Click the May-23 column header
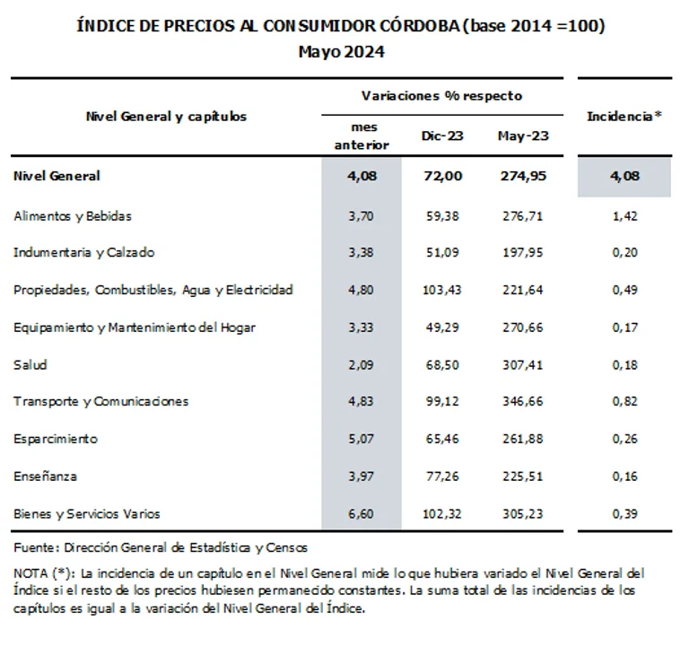[522, 136]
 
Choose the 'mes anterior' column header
[362, 136]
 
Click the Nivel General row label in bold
[57, 176]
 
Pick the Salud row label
[30, 365]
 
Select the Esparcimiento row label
[56, 439]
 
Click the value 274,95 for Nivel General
[522, 176]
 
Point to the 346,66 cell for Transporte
[522, 401]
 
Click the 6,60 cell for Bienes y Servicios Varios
[362, 513]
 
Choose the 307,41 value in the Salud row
[522, 365]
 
